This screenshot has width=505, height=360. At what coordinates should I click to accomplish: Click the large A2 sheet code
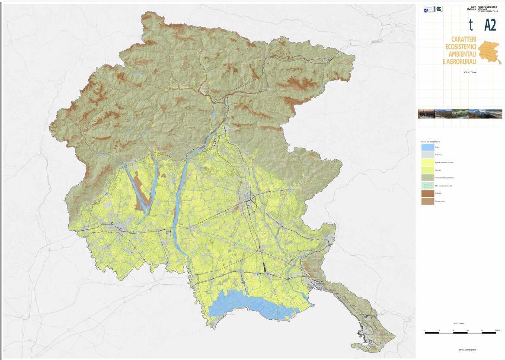pyautogui.click(x=490, y=26)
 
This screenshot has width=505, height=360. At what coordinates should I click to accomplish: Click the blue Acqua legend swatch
pyautogui.click(x=427, y=147)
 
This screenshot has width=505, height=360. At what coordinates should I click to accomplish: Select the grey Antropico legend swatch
pyautogui.click(x=427, y=155)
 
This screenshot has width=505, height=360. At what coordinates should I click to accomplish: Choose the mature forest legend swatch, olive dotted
pyautogui.click(x=427, y=178)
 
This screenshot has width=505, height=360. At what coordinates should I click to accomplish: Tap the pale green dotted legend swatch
pyautogui.click(x=427, y=186)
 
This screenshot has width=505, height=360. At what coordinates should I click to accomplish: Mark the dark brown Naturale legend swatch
pyautogui.click(x=427, y=193)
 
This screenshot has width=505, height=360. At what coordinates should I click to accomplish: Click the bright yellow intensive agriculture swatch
pyautogui.click(x=427, y=163)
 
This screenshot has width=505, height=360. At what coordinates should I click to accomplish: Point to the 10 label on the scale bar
pyautogui.click(x=467, y=331)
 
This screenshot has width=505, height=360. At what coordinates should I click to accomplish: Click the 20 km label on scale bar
pyautogui.click(x=497, y=331)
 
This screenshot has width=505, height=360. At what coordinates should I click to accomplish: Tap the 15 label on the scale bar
pyautogui.click(x=482, y=331)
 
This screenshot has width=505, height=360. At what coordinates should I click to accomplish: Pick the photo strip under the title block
pyautogui.click(x=460, y=114)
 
